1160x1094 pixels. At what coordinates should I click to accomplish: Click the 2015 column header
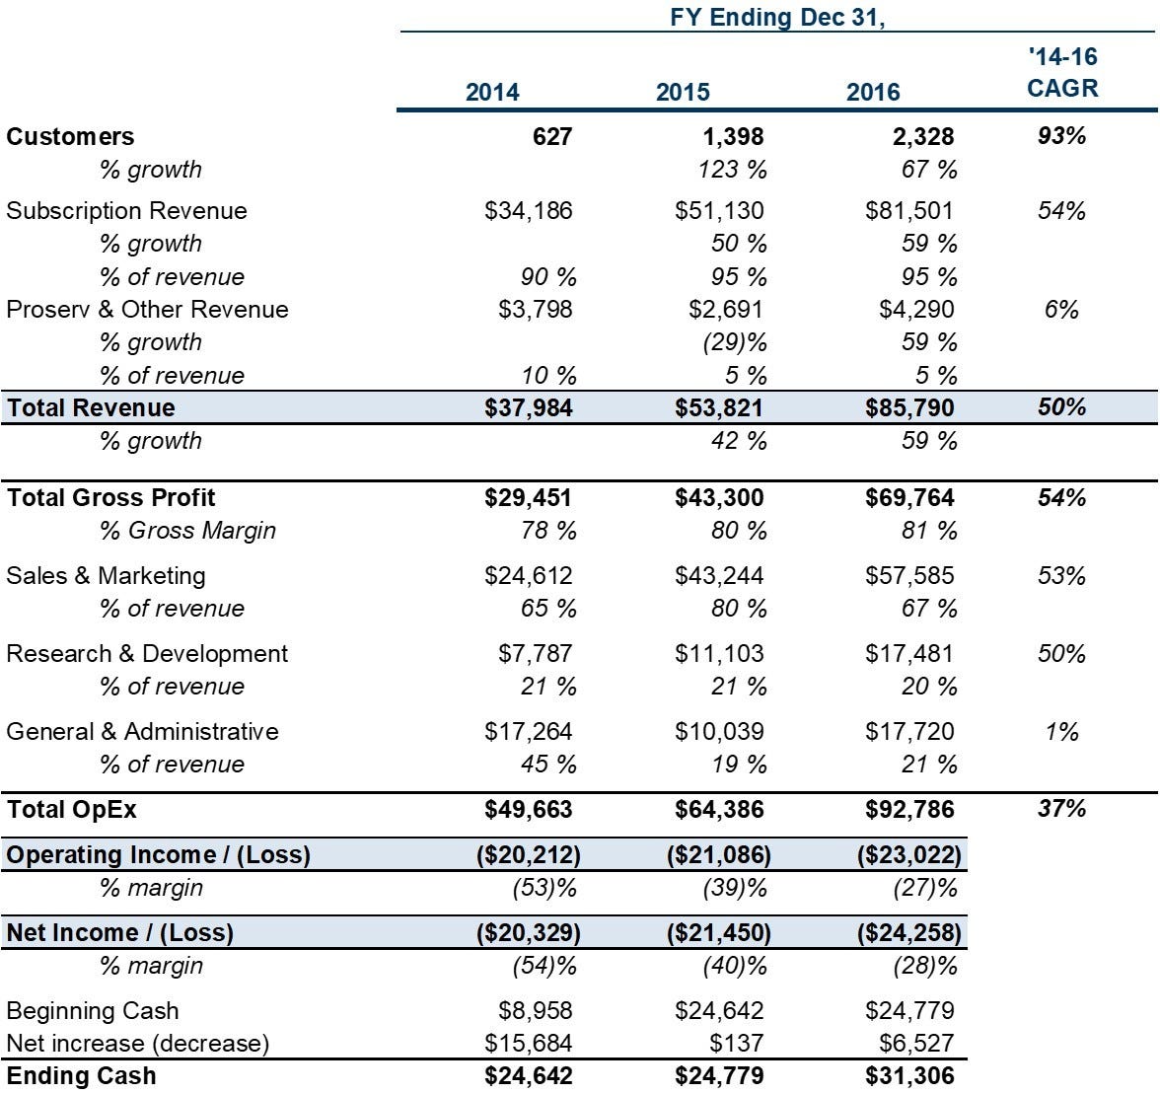(683, 93)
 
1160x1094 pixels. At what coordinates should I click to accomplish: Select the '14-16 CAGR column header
(1062, 72)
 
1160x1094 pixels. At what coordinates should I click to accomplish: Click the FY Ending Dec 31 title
(777, 17)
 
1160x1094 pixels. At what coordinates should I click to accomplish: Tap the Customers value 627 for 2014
(552, 136)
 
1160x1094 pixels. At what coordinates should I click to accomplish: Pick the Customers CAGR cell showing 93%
(1061, 135)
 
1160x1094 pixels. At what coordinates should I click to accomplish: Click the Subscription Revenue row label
(126, 211)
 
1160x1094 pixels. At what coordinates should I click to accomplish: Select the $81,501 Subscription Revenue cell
(909, 211)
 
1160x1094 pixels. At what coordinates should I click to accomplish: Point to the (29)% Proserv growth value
(735, 341)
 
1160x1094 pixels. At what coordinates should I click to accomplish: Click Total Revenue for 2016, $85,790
(909, 407)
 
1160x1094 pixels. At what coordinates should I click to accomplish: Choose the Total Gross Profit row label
(110, 497)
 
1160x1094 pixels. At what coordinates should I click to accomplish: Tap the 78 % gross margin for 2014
(548, 531)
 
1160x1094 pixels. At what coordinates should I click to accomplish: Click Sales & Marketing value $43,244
(718, 575)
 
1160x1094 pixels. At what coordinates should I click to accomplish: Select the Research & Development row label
(147, 654)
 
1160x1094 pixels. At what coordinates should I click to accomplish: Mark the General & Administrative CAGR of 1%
(1061, 732)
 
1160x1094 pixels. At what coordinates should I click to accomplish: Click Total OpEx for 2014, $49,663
(529, 809)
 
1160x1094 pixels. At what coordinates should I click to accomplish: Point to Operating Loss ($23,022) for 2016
(909, 855)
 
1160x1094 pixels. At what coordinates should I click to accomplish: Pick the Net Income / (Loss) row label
(120, 933)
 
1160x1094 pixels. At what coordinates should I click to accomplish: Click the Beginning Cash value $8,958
(535, 1010)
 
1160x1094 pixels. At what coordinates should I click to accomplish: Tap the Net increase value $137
(736, 1043)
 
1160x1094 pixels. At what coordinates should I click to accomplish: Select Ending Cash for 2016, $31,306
(909, 1075)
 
